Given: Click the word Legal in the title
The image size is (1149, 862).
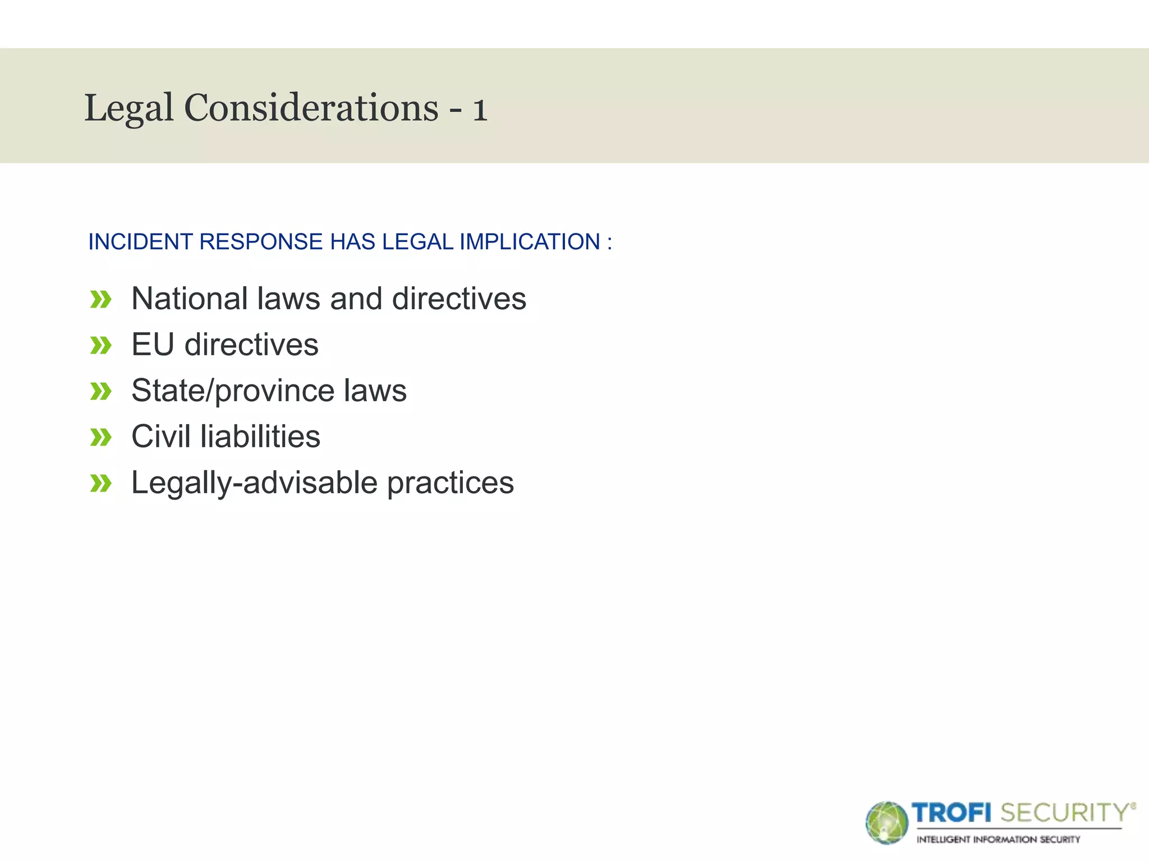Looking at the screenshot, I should coord(128,108).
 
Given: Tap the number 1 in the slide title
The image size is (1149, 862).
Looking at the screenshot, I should coord(480,109).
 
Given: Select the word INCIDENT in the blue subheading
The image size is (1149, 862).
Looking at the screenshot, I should coord(140,242).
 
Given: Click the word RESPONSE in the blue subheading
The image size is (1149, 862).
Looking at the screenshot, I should coord(261,242).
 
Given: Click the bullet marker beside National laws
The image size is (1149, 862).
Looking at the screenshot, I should coord(101,300).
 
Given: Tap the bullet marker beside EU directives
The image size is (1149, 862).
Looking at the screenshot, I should coord(101,346).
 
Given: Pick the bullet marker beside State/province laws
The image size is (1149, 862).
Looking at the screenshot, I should coord(101,392).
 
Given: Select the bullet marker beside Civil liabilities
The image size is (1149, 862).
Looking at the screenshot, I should coord(101,438).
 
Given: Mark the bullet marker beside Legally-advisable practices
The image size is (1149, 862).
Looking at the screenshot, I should coord(101,484).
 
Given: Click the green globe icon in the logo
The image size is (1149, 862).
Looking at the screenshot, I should coord(886,823).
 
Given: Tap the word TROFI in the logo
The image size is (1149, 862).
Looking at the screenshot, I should coord(952,813).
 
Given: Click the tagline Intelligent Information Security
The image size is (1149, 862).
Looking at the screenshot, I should coord(998,840).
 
